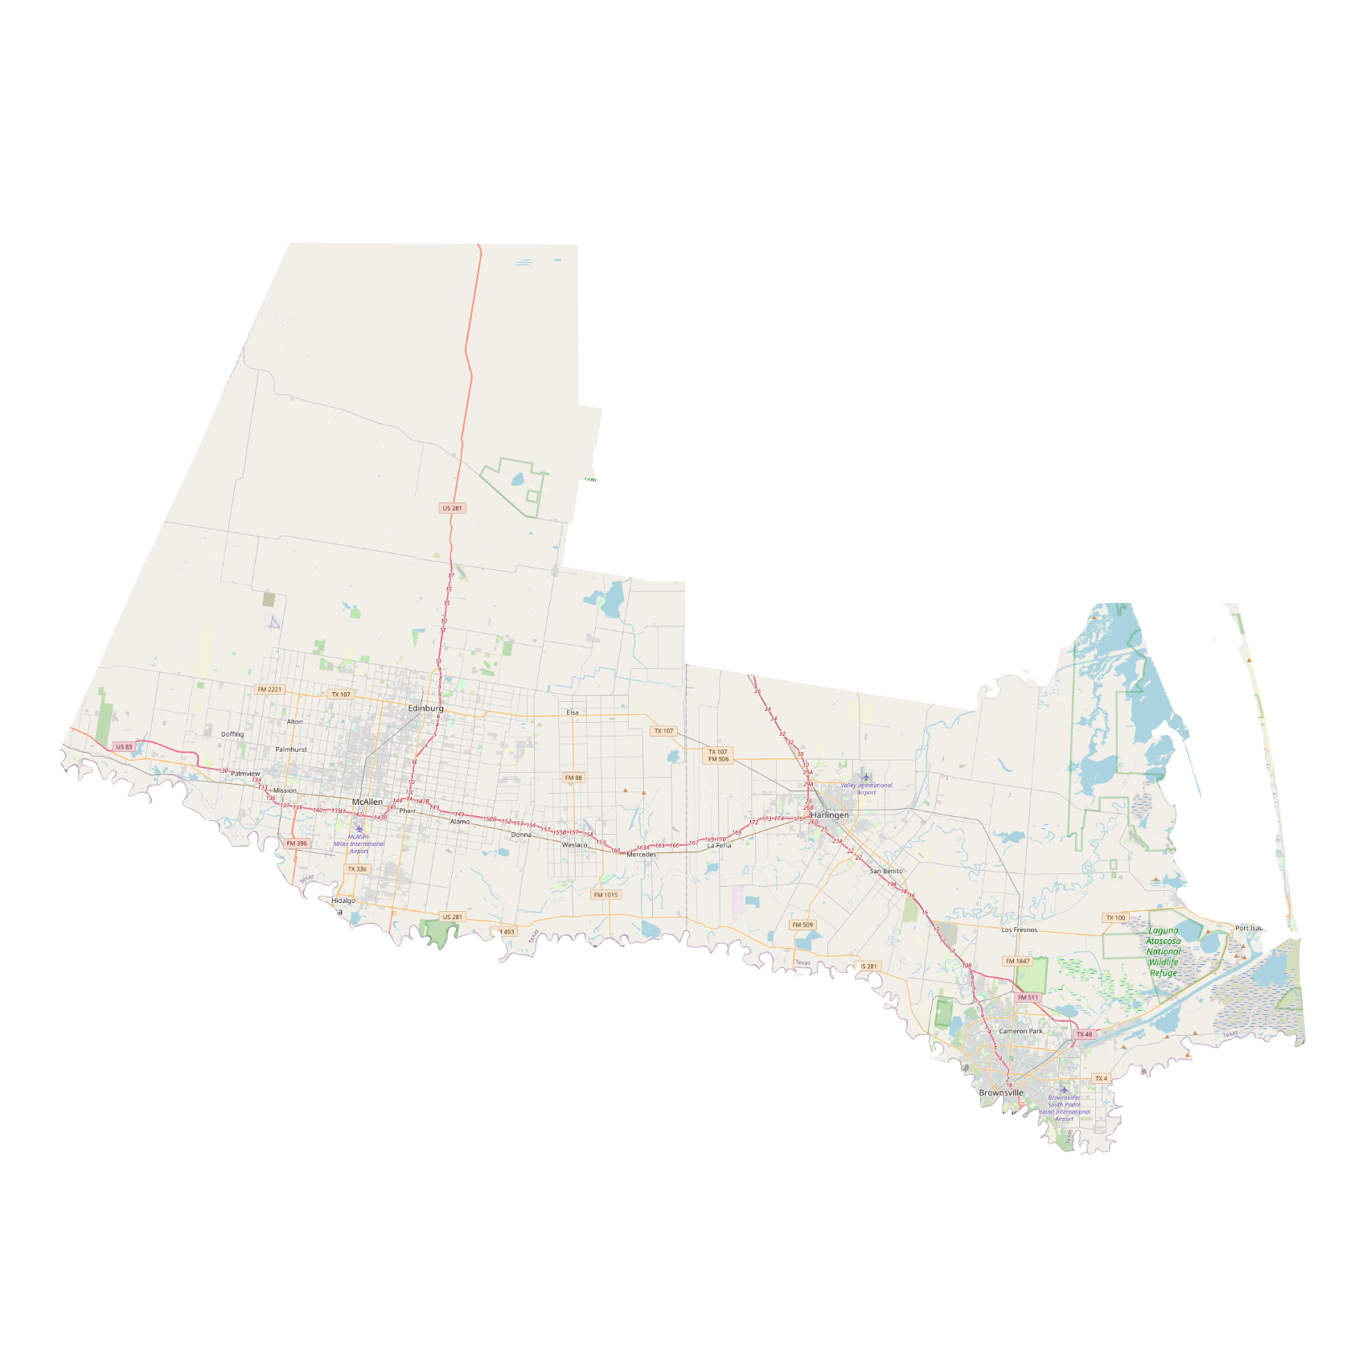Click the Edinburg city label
[425, 708]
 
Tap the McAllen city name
[367, 802]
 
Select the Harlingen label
[829, 815]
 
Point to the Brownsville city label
[1001, 1093]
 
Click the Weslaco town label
[574, 845]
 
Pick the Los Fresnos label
[1019, 930]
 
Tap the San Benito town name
[886, 871]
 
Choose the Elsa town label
[573, 712]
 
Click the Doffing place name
[232, 734]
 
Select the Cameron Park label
[1020, 1031]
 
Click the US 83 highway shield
[124, 747]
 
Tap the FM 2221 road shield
[269, 689]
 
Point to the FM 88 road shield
[573, 778]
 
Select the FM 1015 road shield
[606, 895]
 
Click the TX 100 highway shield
[1115, 917]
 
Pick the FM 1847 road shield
[1017, 961]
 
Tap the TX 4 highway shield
[1101, 1078]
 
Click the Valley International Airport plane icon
[866, 778]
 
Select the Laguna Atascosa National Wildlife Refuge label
[1163, 951]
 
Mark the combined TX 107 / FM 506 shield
[718, 755]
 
